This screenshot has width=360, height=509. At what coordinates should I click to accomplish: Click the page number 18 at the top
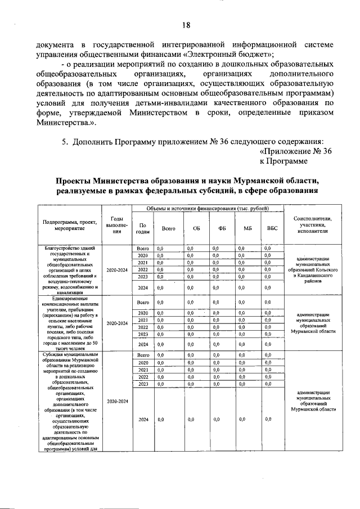(x=186, y=25)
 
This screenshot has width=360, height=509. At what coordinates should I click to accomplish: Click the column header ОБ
(x=196, y=228)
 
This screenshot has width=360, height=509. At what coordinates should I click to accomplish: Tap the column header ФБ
(x=222, y=228)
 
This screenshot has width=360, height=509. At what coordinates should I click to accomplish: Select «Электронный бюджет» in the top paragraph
(x=229, y=55)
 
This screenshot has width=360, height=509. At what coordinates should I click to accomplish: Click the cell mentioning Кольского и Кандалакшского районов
(x=313, y=269)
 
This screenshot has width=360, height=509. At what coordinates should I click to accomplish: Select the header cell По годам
(x=142, y=228)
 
